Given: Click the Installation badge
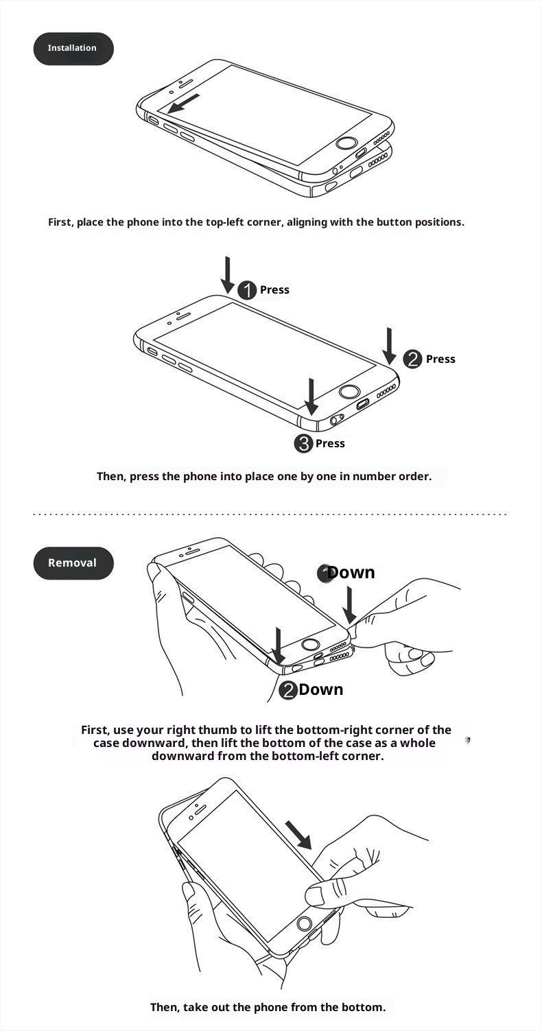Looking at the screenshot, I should (x=73, y=49).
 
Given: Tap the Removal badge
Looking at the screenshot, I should (x=73, y=563).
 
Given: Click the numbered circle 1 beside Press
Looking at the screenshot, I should (x=247, y=290).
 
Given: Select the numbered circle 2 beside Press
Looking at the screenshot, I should (x=412, y=359).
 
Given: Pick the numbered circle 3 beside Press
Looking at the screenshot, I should (x=303, y=444).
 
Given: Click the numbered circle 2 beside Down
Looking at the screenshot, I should (x=288, y=690).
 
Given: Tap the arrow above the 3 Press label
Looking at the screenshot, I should (x=311, y=396).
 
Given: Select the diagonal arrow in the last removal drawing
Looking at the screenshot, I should (x=298, y=835).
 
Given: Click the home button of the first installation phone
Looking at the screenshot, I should (x=346, y=144).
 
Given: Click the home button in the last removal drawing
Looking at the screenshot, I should (x=304, y=923).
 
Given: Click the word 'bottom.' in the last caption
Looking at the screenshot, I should (x=365, y=1007).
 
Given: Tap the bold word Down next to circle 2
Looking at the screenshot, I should (x=320, y=689).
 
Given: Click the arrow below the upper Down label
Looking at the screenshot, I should (x=349, y=604).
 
